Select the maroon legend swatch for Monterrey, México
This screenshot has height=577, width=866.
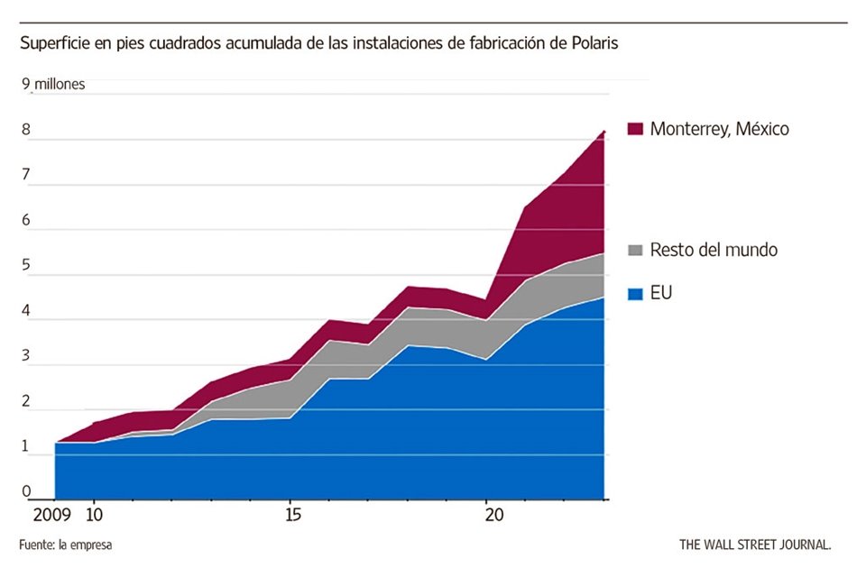click(x=634, y=129)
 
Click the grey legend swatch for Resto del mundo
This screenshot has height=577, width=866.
click(x=634, y=250)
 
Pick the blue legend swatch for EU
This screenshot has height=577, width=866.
click(x=634, y=293)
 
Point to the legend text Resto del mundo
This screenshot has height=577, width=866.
click(x=714, y=250)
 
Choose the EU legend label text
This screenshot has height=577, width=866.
click(x=661, y=293)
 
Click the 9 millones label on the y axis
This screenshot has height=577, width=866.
click(x=54, y=85)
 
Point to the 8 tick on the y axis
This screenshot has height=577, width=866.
click(x=27, y=130)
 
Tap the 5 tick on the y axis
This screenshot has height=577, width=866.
click(x=27, y=266)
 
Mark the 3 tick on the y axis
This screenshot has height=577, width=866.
click(x=27, y=357)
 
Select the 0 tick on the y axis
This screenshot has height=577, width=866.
click(x=27, y=492)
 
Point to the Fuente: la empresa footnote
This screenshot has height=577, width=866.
click(x=66, y=545)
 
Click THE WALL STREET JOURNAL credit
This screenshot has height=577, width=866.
click(x=755, y=545)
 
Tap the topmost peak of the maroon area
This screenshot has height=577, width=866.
click(x=603, y=132)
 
